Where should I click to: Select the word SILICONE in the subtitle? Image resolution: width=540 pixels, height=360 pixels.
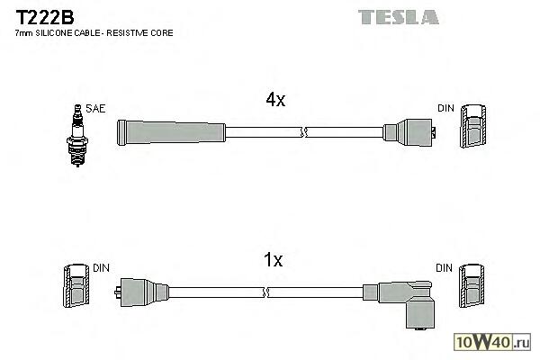click(60, 33)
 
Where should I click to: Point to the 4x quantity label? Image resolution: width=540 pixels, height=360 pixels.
click(274, 101)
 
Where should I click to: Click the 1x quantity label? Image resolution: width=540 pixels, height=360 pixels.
click(273, 261)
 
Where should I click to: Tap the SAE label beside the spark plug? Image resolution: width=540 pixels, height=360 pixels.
click(95, 109)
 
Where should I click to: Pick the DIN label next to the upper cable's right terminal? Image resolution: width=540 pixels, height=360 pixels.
click(445, 109)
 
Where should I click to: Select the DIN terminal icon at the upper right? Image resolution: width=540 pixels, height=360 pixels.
click(473, 130)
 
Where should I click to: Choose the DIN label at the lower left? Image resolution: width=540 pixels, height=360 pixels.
click(102, 268)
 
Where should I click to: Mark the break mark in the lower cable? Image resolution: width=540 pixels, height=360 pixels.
click(268, 292)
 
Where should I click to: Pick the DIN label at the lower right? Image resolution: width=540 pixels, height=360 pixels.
click(445, 268)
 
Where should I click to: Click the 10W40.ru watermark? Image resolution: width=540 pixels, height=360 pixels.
click(499, 341)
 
